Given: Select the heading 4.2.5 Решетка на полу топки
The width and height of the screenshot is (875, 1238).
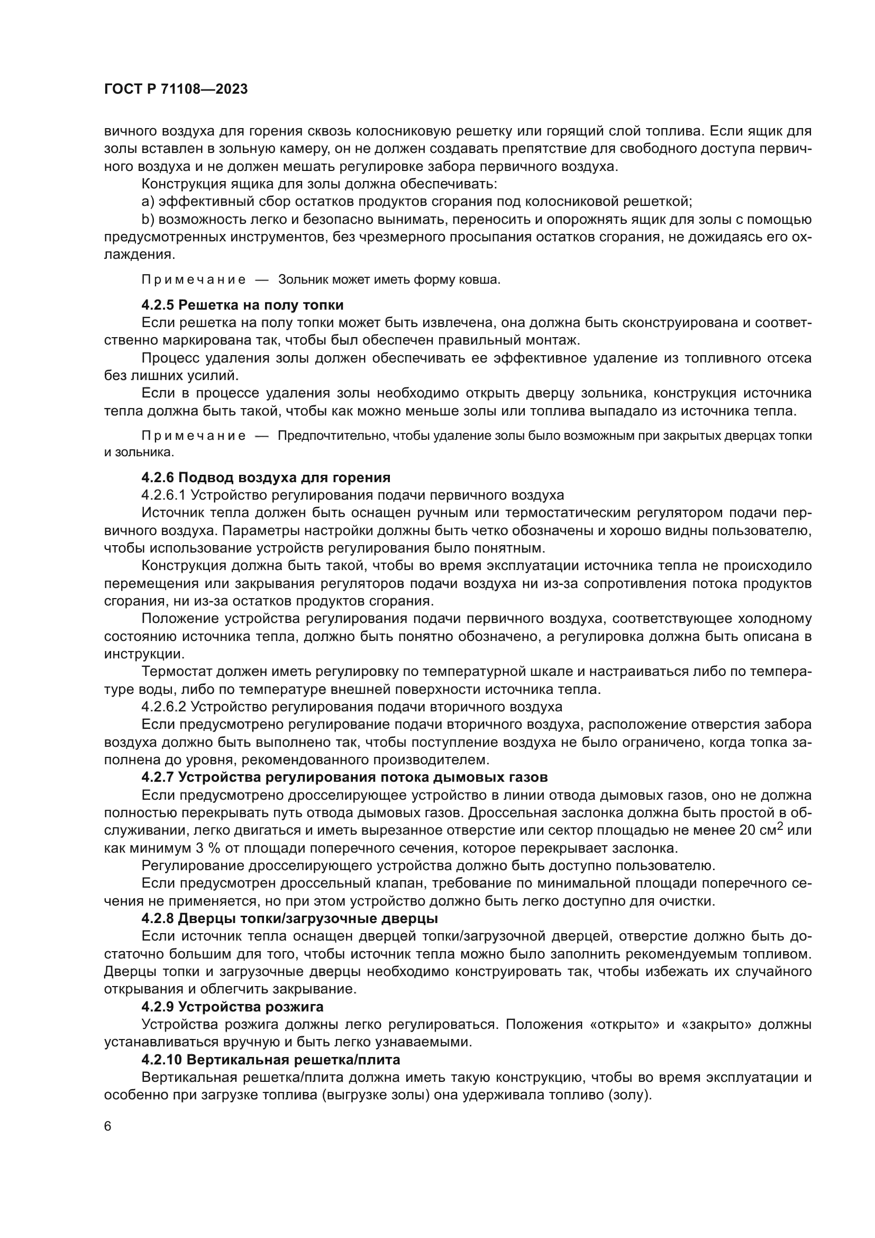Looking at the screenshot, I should [242, 305].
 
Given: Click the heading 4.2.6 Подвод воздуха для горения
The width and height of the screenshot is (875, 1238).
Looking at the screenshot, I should [266, 478].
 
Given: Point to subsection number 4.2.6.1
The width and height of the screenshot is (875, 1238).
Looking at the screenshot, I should [164, 495].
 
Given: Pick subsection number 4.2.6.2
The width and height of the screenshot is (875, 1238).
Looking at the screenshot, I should [164, 707].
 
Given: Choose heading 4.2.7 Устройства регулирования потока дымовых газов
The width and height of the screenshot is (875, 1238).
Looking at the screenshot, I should [344, 777].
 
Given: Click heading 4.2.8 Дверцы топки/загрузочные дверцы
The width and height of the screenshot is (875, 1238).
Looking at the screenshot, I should [289, 918].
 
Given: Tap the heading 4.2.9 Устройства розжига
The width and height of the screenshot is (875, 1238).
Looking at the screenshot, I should [232, 1007].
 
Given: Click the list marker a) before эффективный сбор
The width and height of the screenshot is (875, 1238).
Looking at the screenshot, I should [148, 202].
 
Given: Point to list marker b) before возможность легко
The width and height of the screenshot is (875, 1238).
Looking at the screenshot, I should [148, 220].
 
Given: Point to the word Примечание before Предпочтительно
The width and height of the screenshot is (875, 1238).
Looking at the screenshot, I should [194, 436].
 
